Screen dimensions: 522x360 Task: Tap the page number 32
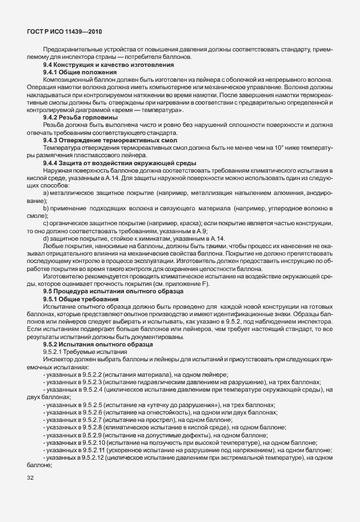[30, 477]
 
